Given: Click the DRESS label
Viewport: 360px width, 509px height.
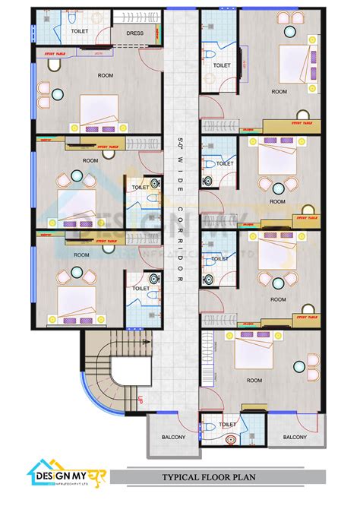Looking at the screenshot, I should tap(135, 33).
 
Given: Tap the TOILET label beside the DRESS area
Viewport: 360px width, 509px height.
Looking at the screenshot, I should tap(79, 31).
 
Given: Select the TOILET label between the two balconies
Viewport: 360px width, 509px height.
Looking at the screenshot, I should tap(227, 425).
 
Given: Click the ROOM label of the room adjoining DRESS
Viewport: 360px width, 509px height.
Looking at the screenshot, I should tap(106, 75).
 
